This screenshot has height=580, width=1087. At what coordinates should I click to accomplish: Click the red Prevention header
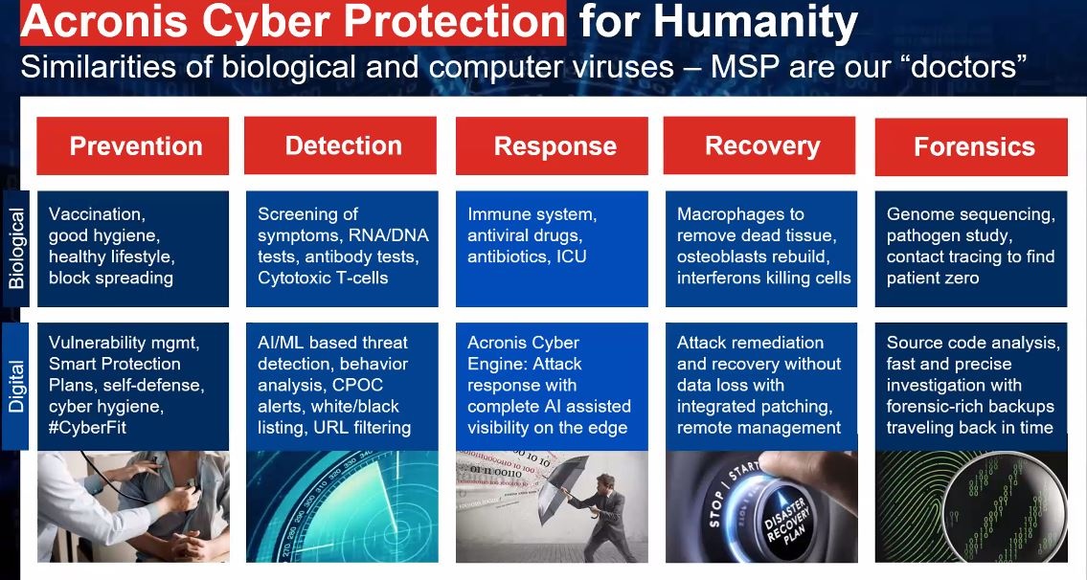(132, 145)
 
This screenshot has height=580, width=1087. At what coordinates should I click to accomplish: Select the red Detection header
(341, 145)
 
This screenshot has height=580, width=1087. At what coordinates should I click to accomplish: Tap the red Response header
(552, 145)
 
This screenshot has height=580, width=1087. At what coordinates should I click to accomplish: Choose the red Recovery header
(759, 145)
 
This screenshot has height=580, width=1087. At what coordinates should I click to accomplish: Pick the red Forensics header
(971, 146)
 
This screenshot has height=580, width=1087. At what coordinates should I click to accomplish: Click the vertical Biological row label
(16, 248)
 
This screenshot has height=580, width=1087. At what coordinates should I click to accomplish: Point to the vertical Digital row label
(16, 386)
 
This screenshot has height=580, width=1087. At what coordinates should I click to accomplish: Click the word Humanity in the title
(755, 22)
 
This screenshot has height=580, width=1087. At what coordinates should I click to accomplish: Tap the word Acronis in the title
(104, 21)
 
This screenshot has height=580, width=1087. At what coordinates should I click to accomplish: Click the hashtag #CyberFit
(87, 428)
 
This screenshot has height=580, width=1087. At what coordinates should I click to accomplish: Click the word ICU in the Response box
(571, 257)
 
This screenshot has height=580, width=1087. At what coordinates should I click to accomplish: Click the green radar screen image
(343, 506)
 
